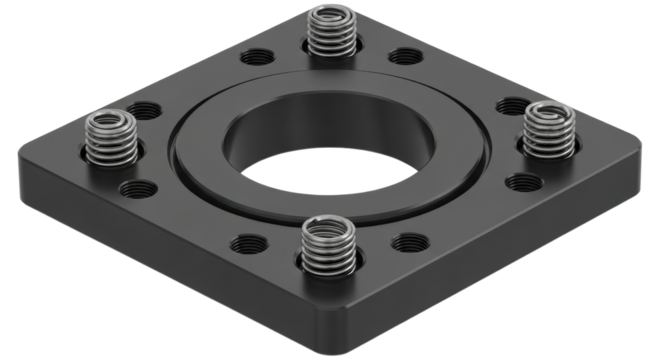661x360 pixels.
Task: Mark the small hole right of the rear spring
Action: tap(406, 56)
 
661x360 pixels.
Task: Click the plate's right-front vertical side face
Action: tap(500, 250)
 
